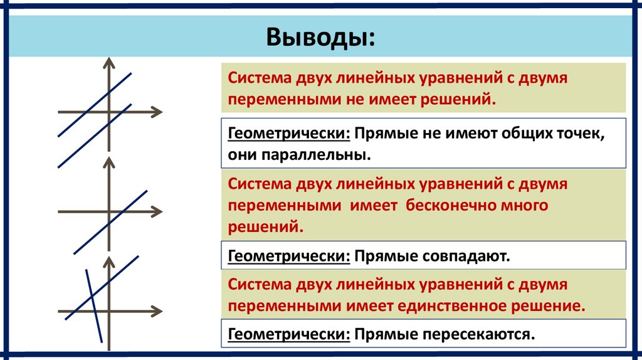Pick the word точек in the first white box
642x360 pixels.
[x=578, y=133]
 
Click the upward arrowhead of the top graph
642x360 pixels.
[x=109, y=61]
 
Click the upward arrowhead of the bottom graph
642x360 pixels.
[x=109, y=260]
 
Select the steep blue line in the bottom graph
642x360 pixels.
[x=96, y=314]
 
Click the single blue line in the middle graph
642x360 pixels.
[x=125, y=210]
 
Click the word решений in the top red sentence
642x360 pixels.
[x=462, y=100]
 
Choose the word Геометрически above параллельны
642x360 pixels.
[x=289, y=133]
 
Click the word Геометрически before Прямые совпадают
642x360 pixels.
[x=289, y=256]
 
